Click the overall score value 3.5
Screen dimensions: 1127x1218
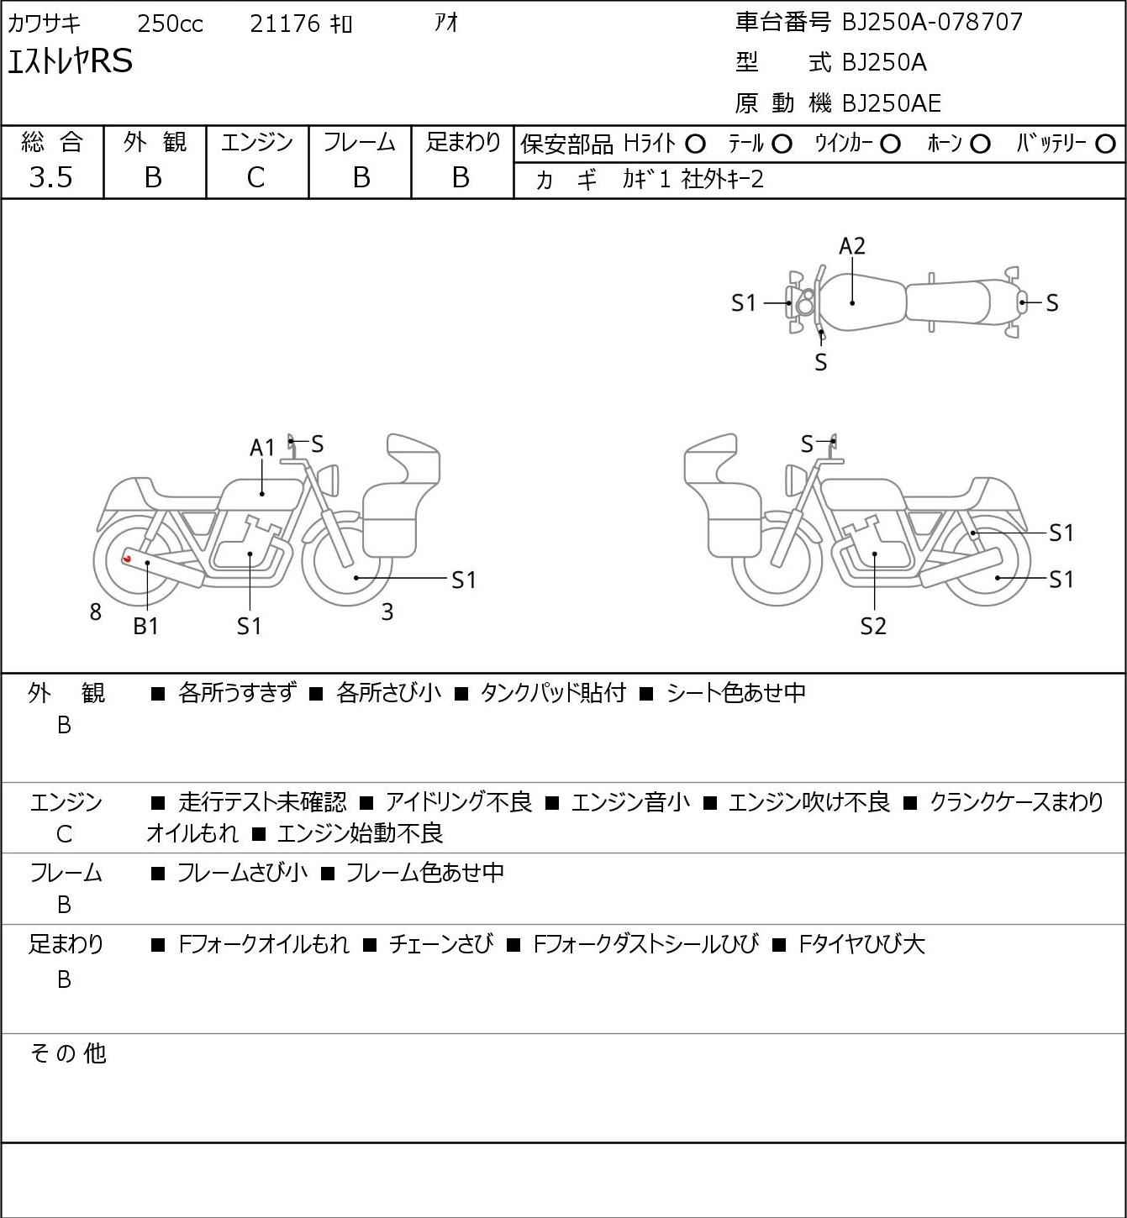tap(51, 177)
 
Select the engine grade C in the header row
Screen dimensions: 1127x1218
tap(256, 178)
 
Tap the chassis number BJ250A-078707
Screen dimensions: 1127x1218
tap(932, 22)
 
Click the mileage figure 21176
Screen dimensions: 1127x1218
tap(285, 24)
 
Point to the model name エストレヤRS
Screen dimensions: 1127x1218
tap(70, 61)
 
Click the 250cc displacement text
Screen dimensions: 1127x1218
tap(170, 24)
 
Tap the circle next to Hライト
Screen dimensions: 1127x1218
tap(695, 144)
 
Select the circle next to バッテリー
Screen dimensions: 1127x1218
tap(1105, 144)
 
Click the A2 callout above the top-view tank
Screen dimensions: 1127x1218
tap(852, 246)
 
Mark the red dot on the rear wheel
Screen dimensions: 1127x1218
tap(128, 558)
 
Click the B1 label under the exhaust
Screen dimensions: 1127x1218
tap(146, 626)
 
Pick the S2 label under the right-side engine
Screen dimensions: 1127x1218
tap(873, 626)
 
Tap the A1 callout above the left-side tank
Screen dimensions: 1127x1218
tap(262, 448)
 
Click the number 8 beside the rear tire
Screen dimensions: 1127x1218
tap(95, 612)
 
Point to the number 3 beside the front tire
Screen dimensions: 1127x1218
tap(387, 612)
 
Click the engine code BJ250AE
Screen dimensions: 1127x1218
tap(892, 103)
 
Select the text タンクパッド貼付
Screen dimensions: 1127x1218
tap(552, 692)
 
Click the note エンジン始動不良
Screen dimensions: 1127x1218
tap(361, 832)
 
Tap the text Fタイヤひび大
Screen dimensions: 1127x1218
tap(861, 944)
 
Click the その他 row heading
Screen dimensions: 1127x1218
tap(68, 1053)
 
